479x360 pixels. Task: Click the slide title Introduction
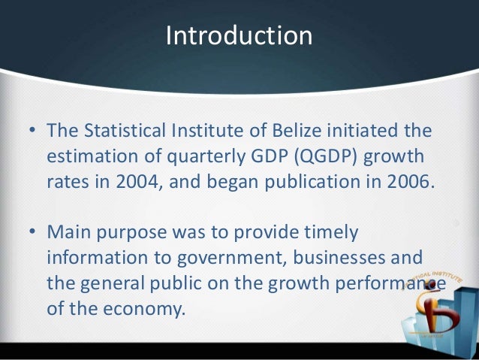coord(239,36)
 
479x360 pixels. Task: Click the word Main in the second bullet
coord(70,233)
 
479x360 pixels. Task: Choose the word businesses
coord(341,259)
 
